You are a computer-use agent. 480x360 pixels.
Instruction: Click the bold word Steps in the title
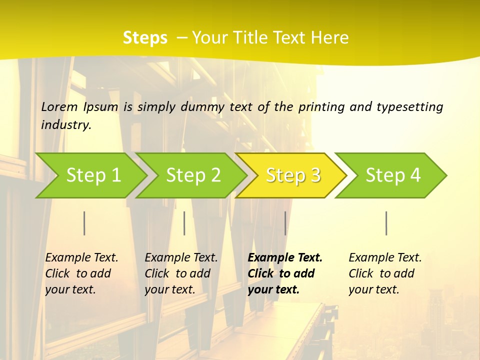(145, 38)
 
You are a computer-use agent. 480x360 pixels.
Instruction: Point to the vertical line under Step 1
(84, 223)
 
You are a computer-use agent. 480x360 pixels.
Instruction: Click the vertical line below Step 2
(184, 223)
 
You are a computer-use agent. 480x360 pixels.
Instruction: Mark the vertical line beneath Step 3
(285, 223)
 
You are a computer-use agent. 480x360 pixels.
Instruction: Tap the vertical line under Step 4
(386, 223)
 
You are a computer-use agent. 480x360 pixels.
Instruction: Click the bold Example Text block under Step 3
(285, 273)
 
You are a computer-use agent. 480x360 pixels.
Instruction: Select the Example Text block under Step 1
(81, 273)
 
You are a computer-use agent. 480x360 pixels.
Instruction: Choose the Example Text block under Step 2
(181, 273)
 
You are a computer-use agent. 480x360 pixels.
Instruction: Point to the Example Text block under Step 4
(385, 273)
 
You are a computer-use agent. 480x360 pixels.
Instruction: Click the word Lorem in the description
(59, 107)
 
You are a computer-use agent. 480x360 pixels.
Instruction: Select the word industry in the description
(66, 125)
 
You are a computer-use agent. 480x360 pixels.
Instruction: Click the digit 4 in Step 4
(414, 175)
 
